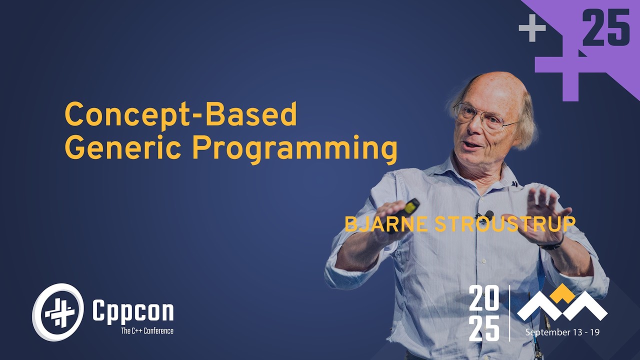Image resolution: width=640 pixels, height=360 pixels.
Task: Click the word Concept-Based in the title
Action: tap(181, 115)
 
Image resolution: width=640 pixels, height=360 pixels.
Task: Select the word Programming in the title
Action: tap(294, 149)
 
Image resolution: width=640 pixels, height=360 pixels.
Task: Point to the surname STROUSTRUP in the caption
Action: tap(505, 224)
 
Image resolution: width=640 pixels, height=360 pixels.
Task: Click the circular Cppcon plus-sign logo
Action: tap(58, 312)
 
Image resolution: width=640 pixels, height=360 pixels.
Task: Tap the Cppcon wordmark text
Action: tap(133, 311)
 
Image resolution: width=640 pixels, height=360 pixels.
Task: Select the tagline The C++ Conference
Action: tap(147, 330)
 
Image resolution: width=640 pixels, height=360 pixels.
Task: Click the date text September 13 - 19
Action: tap(562, 332)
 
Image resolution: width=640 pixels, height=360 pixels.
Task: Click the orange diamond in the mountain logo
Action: tap(562, 294)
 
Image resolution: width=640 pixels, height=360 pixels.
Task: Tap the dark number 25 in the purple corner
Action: tap(606, 28)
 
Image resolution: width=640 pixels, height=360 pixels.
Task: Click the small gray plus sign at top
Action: tap(532, 28)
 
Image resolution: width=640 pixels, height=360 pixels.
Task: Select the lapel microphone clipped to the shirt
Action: tap(488, 214)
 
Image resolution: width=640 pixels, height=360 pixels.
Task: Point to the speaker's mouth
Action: tap(472, 144)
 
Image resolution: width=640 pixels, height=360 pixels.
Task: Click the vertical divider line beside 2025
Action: tap(509, 313)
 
